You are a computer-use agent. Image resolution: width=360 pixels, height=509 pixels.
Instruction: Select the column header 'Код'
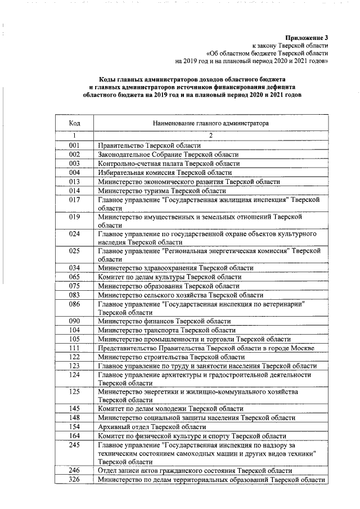[x=74, y=122]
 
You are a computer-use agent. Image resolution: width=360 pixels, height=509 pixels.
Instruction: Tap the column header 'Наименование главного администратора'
[x=210, y=122]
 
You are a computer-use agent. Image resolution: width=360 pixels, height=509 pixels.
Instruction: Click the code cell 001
[x=74, y=145]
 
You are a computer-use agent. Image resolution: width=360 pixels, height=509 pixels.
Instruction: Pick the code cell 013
[x=74, y=182]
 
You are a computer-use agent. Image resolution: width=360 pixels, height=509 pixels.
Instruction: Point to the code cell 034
[x=74, y=268]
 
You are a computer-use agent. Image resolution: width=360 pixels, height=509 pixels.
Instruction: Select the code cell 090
[x=74, y=321]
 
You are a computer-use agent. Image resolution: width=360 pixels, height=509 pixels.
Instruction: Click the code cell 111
[x=74, y=348]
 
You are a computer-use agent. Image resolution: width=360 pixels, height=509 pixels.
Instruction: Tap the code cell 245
[x=74, y=445]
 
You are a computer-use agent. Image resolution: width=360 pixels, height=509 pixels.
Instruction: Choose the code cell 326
[x=74, y=480]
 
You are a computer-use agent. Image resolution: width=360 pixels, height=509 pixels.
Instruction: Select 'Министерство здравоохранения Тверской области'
[x=175, y=268]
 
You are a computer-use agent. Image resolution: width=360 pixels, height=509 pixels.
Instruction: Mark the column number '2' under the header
[x=210, y=136]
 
